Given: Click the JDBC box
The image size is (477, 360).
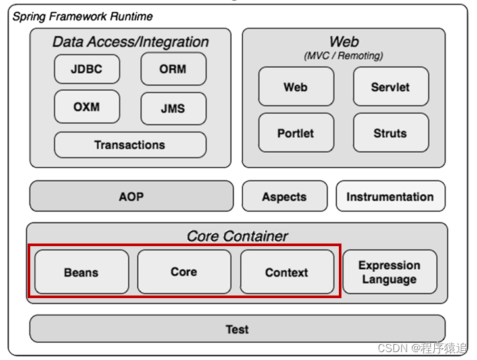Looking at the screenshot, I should (87, 69).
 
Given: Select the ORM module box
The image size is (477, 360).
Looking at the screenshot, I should (173, 69).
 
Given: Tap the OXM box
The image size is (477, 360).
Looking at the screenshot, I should (87, 107).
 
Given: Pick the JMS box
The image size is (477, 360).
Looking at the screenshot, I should (173, 109).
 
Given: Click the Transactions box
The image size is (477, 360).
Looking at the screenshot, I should (130, 145).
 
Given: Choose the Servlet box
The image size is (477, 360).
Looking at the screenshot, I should (390, 87).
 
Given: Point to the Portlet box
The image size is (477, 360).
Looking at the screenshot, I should (295, 133).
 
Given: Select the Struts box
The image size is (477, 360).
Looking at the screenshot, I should (390, 133).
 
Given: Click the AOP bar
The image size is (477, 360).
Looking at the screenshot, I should (132, 196).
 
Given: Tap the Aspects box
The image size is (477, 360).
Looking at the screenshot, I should (284, 196).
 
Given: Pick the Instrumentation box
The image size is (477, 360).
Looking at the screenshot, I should (390, 196).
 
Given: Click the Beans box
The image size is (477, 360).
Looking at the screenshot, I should (82, 272).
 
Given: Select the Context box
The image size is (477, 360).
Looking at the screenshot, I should (286, 272).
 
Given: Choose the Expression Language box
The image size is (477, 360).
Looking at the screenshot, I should (389, 272).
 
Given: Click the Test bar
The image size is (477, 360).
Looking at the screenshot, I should (237, 329).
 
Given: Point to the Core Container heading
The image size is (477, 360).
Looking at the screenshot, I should (237, 236).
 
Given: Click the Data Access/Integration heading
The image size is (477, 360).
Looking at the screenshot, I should (130, 42).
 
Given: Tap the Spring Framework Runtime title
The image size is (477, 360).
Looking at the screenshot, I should (83, 16).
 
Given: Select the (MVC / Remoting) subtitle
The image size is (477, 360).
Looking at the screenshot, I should (344, 56).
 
